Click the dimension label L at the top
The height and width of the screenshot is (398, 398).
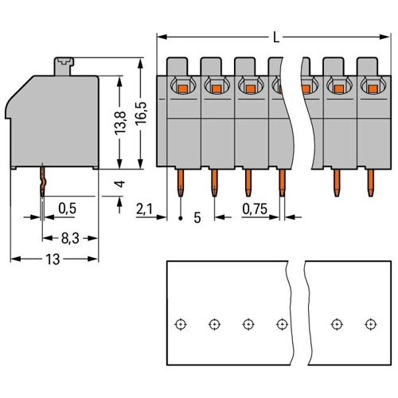(x=276, y=37)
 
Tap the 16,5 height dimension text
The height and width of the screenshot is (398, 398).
(x=141, y=112)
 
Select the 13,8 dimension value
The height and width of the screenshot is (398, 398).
(x=120, y=123)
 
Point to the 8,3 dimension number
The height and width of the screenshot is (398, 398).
(x=70, y=238)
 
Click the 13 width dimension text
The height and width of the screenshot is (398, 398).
(x=53, y=259)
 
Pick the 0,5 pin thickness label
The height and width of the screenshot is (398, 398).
(x=67, y=209)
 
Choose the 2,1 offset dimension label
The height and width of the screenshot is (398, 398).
(x=144, y=209)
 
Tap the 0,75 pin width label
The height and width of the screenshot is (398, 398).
(x=255, y=209)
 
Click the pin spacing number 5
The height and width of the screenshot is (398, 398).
(x=197, y=218)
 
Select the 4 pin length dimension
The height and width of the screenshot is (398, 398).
(x=120, y=184)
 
